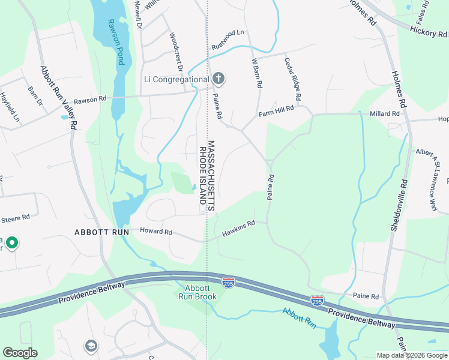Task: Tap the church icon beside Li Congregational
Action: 219,79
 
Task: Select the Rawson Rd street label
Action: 89,100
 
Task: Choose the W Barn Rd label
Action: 257,73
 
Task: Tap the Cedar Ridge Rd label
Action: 293,79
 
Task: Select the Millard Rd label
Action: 385,113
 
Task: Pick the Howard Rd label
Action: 156,232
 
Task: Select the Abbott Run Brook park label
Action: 196,292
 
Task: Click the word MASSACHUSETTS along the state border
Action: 211,175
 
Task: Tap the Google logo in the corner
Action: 20,353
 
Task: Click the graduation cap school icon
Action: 91,346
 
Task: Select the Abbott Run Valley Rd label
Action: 58,97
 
